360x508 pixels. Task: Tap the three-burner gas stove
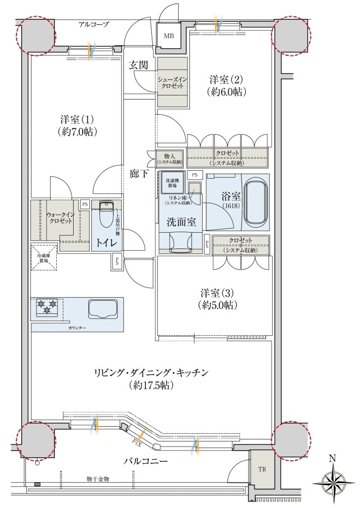pos(47,307)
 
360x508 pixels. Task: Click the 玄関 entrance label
pos(139,65)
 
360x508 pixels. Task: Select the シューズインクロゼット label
pos(173,83)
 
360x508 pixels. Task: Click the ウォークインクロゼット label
pos(60,218)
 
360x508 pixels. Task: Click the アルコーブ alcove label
pos(93,24)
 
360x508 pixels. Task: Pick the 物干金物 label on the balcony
pos(98,479)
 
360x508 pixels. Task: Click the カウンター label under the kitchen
pos(77,328)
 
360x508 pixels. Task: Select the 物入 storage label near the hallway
pos(169,158)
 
